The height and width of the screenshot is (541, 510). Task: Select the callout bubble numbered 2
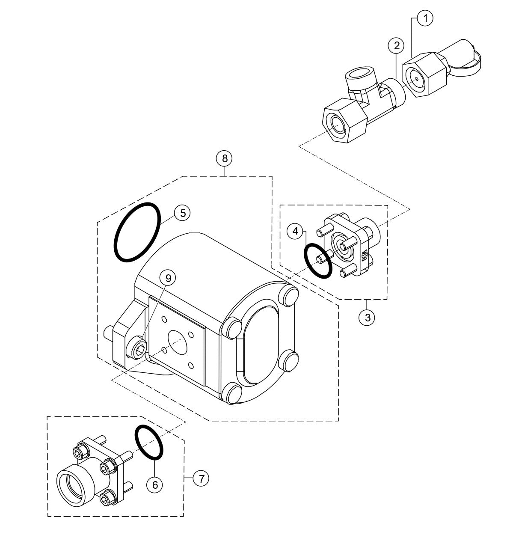click(x=397, y=45)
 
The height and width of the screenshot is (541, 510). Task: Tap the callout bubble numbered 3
click(x=367, y=317)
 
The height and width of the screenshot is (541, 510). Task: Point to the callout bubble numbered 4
click(x=295, y=232)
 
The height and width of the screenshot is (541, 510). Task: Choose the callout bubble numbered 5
click(x=183, y=213)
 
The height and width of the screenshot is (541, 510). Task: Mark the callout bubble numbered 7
click(x=201, y=478)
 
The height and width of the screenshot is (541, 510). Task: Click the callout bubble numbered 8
click(x=225, y=158)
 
